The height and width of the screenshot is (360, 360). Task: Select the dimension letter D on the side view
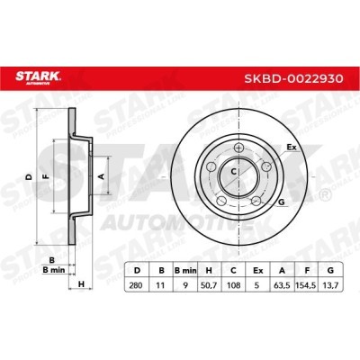28,175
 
